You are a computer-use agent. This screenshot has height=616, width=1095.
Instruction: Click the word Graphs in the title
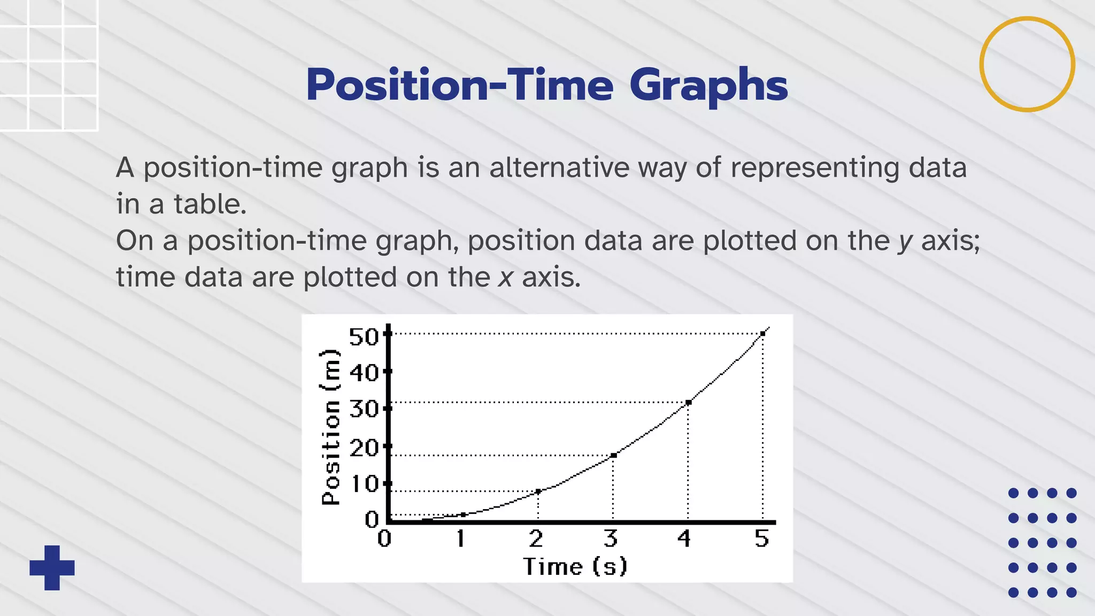[708, 86]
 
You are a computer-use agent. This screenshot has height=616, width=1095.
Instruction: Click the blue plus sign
[52, 567]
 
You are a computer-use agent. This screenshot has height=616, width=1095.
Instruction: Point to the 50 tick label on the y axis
[363, 337]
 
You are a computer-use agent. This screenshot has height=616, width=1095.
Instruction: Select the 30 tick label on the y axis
[363, 410]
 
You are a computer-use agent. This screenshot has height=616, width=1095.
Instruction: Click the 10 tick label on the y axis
[364, 484]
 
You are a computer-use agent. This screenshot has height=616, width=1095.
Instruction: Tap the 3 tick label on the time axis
[611, 538]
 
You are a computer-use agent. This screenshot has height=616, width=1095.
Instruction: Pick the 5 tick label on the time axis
[761, 538]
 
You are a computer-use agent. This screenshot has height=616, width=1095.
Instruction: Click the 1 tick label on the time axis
[460, 538]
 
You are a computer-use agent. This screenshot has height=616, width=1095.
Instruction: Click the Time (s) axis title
[575, 567]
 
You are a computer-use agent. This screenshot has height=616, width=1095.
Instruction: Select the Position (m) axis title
[330, 427]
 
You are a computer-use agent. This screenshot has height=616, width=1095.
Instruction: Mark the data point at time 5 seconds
[762, 334]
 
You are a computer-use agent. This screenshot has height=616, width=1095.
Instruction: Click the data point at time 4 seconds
[688, 402]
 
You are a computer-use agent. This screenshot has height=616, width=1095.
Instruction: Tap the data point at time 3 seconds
[613, 455]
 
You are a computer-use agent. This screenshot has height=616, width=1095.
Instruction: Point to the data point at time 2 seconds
[538, 491]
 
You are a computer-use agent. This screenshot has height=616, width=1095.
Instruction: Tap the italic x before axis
[505, 278]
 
